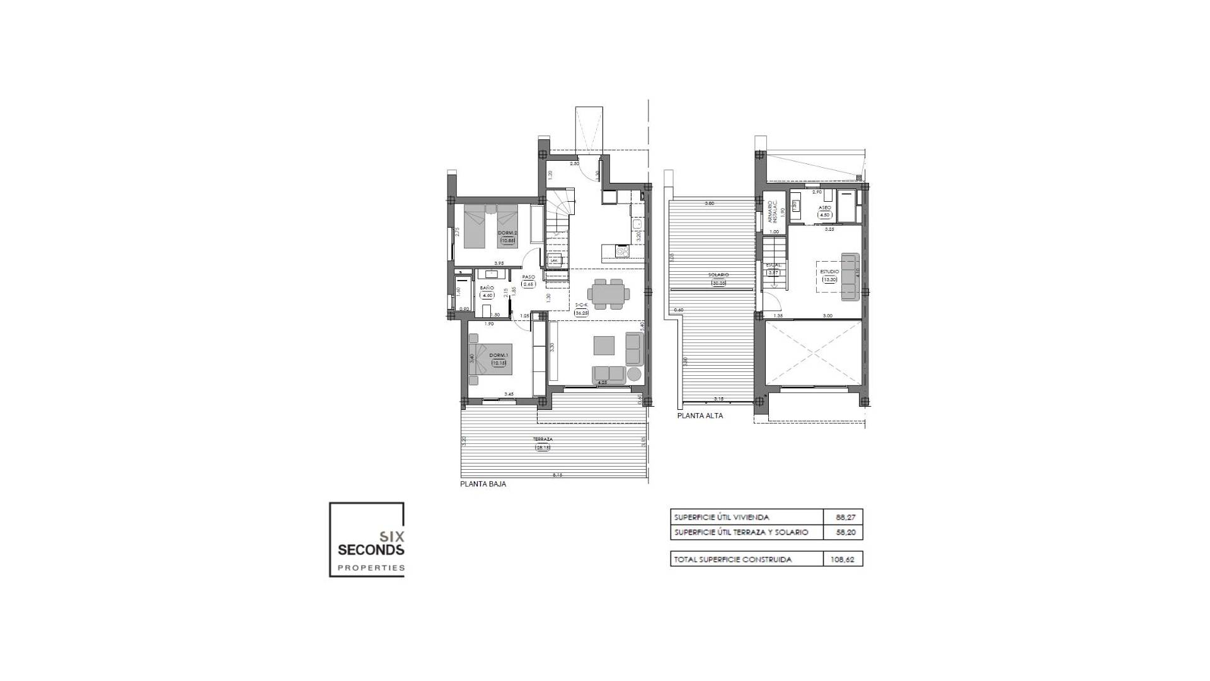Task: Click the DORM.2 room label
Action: pyautogui.click(x=507, y=233)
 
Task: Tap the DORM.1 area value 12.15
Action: pyautogui.click(x=499, y=363)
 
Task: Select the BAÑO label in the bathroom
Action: pyautogui.click(x=487, y=288)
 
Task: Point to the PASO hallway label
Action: pyautogui.click(x=528, y=277)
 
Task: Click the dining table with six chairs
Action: pyautogui.click(x=608, y=294)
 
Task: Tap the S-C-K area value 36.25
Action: pyautogui.click(x=581, y=312)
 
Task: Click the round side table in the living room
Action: pyautogui.click(x=634, y=375)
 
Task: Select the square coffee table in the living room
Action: pyautogui.click(x=604, y=346)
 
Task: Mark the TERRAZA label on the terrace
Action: pyautogui.click(x=543, y=439)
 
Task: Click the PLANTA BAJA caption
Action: pyautogui.click(x=483, y=484)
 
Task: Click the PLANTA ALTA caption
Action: pyautogui.click(x=700, y=416)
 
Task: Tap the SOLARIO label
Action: pyautogui.click(x=718, y=275)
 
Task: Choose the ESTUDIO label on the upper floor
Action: pyautogui.click(x=829, y=272)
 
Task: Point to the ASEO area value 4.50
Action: pyautogui.click(x=824, y=215)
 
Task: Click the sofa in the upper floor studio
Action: pyautogui.click(x=850, y=277)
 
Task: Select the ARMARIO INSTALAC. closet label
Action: pyautogui.click(x=773, y=212)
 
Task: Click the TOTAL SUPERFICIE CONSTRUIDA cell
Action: pyautogui.click(x=733, y=559)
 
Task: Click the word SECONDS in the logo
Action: pyautogui.click(x=371, y=550)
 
